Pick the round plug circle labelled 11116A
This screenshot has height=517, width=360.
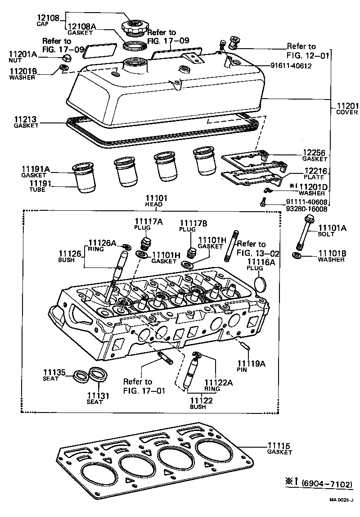pyautogui.click(x=261, y=285)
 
